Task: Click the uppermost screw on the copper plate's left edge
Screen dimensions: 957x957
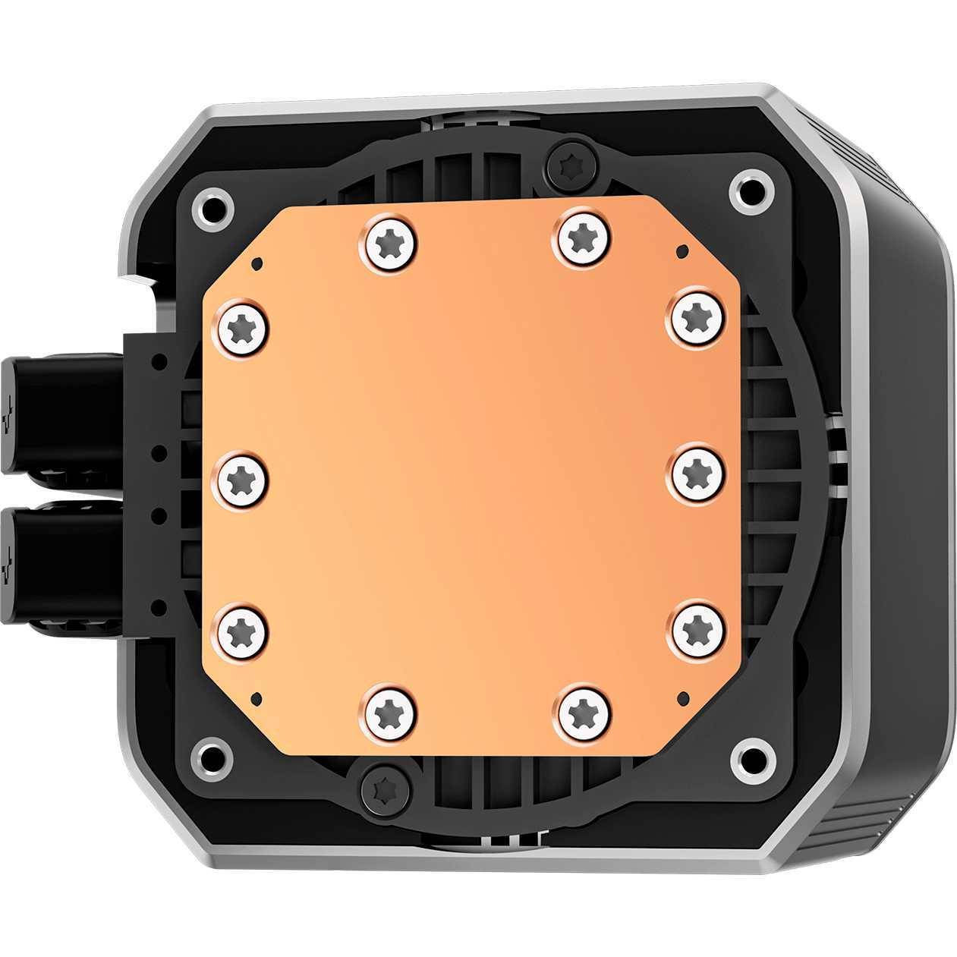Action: [244, 328]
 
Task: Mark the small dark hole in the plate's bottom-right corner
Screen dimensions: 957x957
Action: [681, 695]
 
